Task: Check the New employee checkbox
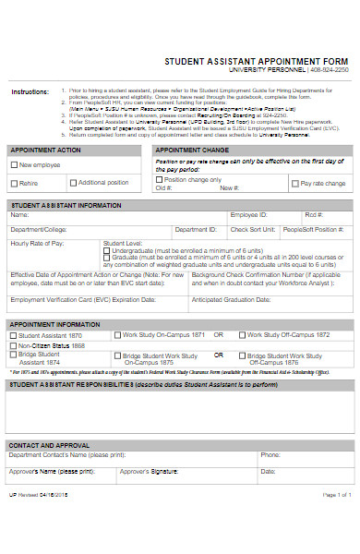[14, 165]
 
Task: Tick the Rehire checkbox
[14, 183]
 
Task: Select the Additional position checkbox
[74, 183]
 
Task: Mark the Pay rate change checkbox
[295, 184]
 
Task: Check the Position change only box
[160, 179]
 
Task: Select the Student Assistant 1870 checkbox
[13, 335]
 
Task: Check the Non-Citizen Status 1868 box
[13, 345]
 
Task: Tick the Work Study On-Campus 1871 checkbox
[117, 335]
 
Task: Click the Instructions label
[30, 92]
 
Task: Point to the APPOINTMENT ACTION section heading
[44, 150]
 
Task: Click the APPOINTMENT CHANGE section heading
[192, 150]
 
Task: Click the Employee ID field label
[248, 214]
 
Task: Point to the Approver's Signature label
[149, 471]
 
